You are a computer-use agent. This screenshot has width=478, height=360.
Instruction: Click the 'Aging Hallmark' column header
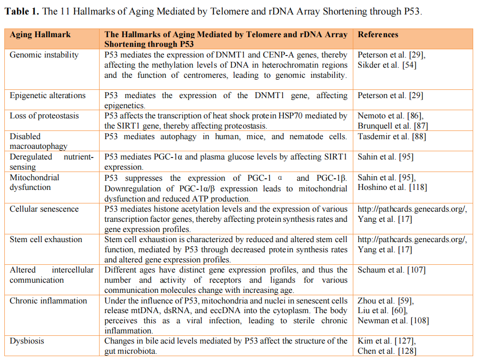40,35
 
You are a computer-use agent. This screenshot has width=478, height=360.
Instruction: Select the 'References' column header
378,35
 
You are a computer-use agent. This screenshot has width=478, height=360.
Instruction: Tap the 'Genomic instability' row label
44,55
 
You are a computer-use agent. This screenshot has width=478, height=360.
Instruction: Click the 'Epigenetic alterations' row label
47,96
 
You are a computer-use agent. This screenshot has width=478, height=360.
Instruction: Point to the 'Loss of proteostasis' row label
44,116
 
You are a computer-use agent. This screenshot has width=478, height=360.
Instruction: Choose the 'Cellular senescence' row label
44,209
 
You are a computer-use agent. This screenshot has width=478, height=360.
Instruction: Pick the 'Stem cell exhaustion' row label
46,240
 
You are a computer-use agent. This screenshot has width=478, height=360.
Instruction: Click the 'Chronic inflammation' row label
48,301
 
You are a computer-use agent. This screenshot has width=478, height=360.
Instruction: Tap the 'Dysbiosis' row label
27,341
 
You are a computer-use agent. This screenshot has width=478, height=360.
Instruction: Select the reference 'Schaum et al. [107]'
391,271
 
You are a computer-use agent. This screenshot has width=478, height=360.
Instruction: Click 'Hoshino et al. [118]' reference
392,187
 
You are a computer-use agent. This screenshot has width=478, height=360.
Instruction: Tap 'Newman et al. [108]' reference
393,321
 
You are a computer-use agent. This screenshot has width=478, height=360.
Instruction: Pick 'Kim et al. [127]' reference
385,341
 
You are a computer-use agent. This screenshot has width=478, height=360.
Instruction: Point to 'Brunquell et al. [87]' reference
392,126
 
